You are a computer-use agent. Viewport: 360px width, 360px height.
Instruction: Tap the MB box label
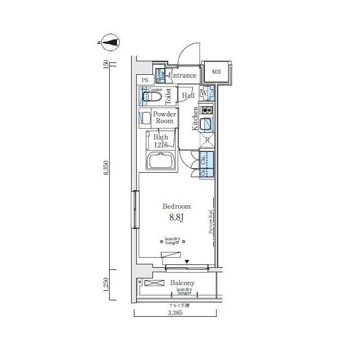[x=216, y=72]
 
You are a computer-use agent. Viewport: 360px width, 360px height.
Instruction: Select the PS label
[x=145, y=80]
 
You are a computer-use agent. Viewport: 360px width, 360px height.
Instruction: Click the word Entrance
[x=182, y=75]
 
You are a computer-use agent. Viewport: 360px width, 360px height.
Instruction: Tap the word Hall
[x=188, y=96]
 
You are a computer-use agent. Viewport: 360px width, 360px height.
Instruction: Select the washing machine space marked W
[x=206, y=94]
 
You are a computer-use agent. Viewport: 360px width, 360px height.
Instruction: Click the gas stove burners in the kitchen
[x=206, y=110]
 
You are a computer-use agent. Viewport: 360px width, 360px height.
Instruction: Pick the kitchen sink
[x=206, y=124]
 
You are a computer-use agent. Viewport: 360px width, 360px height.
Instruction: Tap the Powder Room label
[x=165, y=118]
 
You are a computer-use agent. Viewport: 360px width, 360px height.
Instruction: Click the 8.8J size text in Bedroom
[x=176, y=217]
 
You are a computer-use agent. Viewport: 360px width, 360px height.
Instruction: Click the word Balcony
[x=182, y=283]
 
